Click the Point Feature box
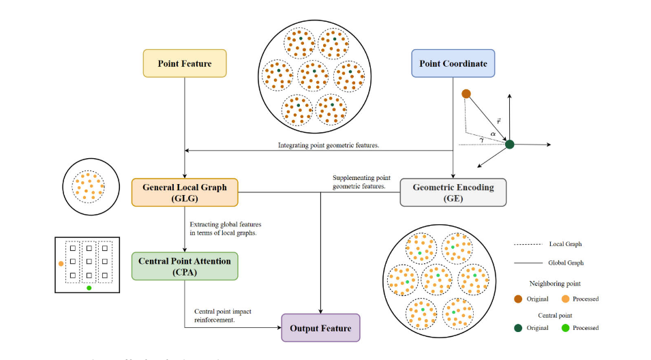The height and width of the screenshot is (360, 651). [x=185, y=63]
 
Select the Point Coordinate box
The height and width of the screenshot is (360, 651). [x=453, y=63]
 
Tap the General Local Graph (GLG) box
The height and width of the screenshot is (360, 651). [x=185, y=192]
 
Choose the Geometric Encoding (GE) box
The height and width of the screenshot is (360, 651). [x=453, y=192]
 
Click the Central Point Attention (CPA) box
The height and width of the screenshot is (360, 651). [x=185, y=266]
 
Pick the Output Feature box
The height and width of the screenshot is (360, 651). [x=320, y=328]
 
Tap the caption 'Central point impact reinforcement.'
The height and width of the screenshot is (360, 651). [x=223, y=315]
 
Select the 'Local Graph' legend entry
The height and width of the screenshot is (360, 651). [x=565, y=243]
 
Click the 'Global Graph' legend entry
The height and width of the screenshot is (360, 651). [x=565, y=262]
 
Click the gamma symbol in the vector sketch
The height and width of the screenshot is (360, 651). [x=482, y=140]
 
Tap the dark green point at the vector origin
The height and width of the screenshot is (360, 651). [x=509, y=144]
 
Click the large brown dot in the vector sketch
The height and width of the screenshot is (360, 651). [x=466, y=93]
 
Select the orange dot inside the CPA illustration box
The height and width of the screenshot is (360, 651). [x=61, y=262]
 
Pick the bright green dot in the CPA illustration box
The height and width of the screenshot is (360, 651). [x=89, y=288]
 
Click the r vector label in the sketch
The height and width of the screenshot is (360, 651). [x=498, y=121]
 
